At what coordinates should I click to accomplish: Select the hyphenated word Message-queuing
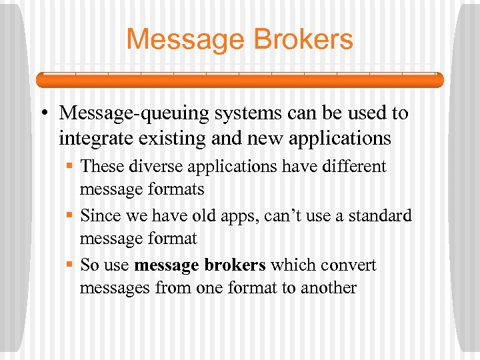pyautogui.click(x=133, y=114)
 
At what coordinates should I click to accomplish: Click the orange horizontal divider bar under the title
pyautogui.click(x=239, y=80)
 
